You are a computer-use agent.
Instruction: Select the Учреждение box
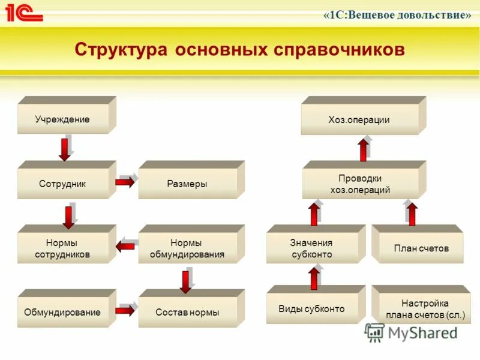coord(62,119)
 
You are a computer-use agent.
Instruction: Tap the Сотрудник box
coord(62,184)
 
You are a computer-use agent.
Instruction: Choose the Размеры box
coord(187,184)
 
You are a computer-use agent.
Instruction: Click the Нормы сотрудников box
coord(62,248)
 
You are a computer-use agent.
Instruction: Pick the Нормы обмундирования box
coord(188,248)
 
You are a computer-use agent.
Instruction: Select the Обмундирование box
coord(62,312)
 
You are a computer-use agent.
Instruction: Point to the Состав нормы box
coord(187,312)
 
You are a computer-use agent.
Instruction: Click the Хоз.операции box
coord(359,119)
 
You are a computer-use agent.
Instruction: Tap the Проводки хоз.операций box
coord(360,184)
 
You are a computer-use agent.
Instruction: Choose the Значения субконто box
coord(311,248)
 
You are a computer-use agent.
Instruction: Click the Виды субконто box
coord(311,309)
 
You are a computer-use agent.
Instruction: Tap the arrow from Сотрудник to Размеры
coord(125,181)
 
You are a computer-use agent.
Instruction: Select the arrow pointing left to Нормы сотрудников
coord(126,246)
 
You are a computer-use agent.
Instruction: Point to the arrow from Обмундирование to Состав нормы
coord(125,310)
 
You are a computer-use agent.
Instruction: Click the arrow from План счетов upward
coord(412,214)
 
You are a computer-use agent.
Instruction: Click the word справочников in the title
coord(338,49)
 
